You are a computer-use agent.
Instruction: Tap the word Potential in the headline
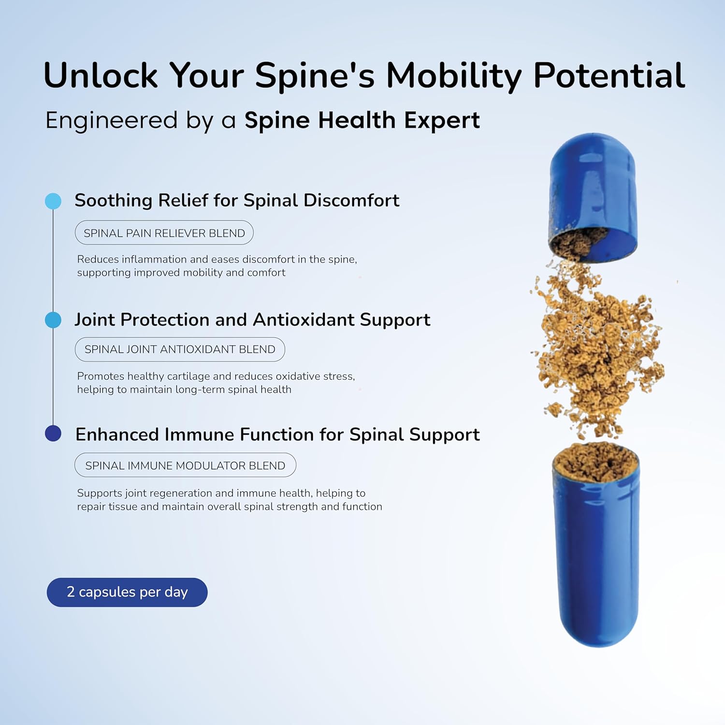point(609,76)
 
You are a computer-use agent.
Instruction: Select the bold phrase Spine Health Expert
point(362,120)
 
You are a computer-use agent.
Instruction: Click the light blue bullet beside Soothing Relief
point(53,201)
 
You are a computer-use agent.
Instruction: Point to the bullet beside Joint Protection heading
point(53,320)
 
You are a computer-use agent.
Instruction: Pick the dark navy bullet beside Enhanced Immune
point(53,434)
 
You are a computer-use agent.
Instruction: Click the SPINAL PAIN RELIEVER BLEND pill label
point(164,233)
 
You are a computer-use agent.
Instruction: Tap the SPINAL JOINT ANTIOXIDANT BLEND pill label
point(180,349)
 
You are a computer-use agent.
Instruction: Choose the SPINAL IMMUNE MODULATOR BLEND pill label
point(185,465)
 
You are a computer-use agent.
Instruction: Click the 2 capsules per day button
point(127,592)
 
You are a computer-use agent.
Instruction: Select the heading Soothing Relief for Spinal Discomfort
point(237,201)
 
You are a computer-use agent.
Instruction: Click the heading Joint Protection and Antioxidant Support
point(252,320)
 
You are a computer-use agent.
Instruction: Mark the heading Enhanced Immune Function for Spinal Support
point(277,435)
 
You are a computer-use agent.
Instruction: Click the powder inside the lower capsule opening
point(595,462)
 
